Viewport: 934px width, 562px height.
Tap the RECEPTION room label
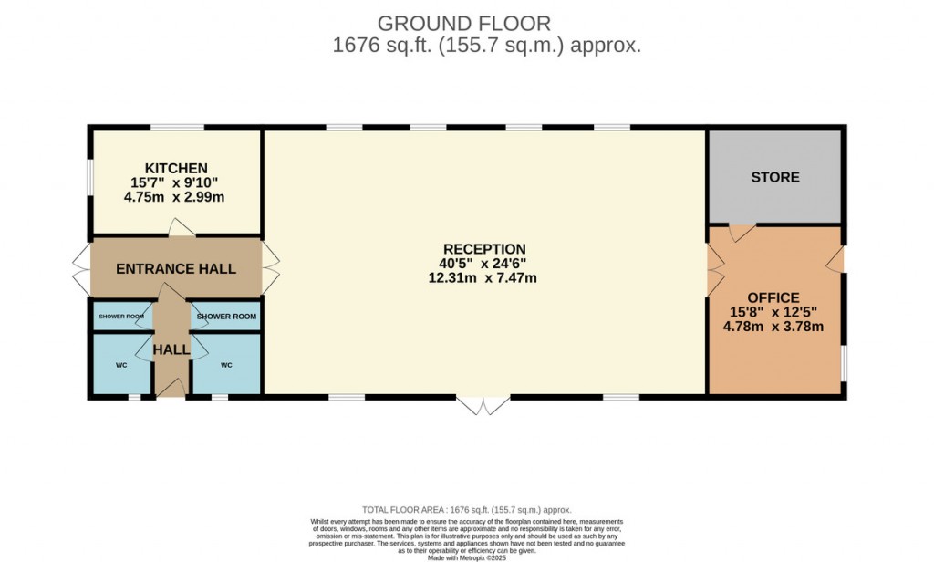tap(484, 249)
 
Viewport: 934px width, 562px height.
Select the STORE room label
tap(775, 177)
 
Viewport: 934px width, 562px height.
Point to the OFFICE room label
tap(773, 298)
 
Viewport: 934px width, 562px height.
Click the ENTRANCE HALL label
tap(176, 269)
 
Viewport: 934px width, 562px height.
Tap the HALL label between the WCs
tap(171, 349)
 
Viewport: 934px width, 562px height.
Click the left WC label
tap(120, 365)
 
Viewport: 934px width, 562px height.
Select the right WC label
tap(226, 365)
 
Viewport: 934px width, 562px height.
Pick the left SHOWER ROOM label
tap(122, 317)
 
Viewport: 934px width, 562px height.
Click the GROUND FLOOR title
tap(464, 23)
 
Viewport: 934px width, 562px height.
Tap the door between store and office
tap(742, 232)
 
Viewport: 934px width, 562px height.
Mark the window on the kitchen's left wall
tap(89, 177)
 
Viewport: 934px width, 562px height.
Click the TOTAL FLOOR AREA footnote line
tap(467, 510)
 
